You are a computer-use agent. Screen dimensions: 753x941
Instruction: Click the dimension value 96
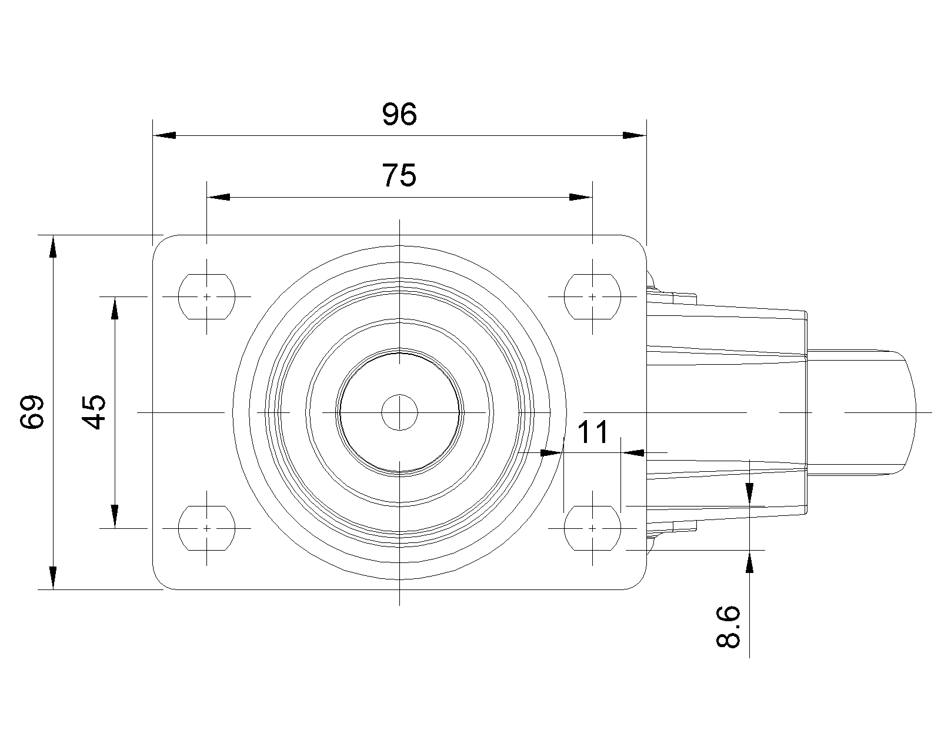pos(399,115)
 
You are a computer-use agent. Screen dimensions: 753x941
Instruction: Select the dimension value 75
pos(399,175)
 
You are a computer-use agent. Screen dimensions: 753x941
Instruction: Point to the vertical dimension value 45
pos(94,412)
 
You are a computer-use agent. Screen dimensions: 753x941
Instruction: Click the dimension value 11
pos(593,434)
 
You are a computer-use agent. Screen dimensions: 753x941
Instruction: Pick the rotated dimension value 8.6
pos(728,627)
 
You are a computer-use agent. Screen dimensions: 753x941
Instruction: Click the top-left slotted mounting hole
pos(206,296)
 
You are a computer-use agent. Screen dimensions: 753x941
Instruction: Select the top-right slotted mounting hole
pos(592,296)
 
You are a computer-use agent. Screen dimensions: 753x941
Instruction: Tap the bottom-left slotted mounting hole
pos(206,528)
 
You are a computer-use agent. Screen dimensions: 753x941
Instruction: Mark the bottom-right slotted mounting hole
pos(592,528)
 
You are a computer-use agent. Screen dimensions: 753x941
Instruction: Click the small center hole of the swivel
pos(399,412)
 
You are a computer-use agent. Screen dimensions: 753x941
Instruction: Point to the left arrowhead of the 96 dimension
pos(164,135)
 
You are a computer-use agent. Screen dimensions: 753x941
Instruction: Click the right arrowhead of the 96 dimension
pos(635,135)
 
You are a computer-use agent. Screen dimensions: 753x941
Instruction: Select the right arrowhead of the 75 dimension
pos(580,197)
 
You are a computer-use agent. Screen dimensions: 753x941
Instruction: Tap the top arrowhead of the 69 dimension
pos(53,246)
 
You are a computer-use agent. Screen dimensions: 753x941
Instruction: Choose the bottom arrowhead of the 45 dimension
pos(115,517)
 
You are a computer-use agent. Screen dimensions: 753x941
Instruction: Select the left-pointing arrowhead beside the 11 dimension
pos(633,452)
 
